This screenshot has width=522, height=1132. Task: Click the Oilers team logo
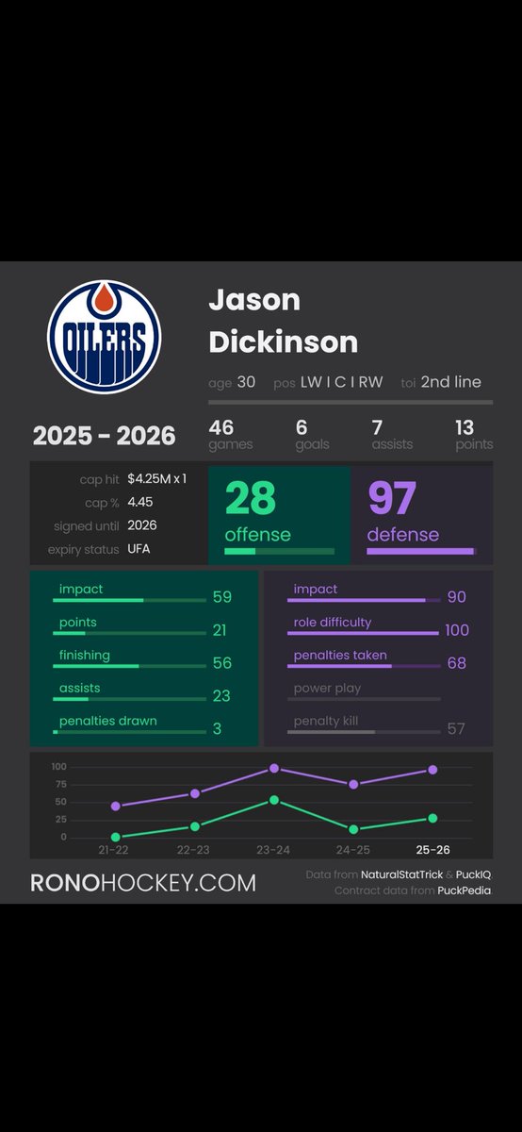point(104,337)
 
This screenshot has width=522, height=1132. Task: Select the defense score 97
point(391,500)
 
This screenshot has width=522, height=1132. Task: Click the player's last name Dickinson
point(283,341)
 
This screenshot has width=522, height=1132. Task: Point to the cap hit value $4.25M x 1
point(156,479)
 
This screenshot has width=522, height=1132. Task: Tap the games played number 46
point(221,427)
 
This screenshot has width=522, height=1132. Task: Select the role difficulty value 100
point(457,630)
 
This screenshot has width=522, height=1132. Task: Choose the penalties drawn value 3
point(219,729)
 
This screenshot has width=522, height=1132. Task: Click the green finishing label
point(85,655)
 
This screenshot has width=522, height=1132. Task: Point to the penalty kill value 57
point(456,729)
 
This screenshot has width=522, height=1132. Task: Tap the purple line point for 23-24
point(274,769)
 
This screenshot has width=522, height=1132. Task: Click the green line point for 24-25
point(353,829)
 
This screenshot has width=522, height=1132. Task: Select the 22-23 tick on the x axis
point(193,850)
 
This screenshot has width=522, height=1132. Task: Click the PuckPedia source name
point(464,891)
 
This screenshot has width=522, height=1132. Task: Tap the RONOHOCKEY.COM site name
point(143,883)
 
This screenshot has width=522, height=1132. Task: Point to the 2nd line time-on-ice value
point(450,382)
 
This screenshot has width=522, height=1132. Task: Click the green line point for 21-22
point(115,837)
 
